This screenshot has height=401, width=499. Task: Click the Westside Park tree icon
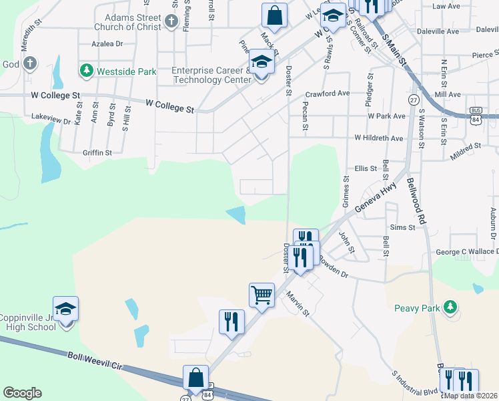click(x=85, y=70)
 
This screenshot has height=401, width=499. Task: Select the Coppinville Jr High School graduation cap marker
click(x=65, y=309)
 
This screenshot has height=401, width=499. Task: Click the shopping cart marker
click(x=262, y=294)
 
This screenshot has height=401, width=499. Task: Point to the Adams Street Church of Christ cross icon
click(x=171, y=21)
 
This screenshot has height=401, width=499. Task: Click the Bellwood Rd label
click(x=416, y=194)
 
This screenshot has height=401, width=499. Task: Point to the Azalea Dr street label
click(x=107, y=43)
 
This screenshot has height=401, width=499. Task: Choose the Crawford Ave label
click(x=328, y=94)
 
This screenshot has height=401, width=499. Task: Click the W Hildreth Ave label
click(x=379, y=138)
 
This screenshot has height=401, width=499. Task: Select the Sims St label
click(x=402, y=228)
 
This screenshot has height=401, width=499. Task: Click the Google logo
click(x=22, y=392)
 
